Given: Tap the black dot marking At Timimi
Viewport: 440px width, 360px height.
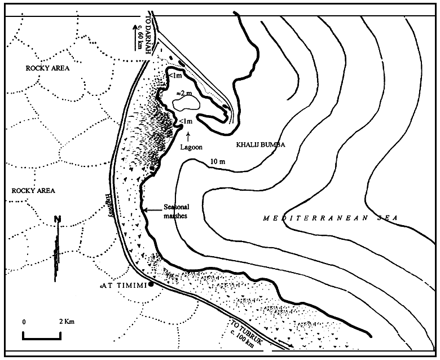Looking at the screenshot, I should [x=151, y=285].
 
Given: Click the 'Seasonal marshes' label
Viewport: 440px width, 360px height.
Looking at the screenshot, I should [x=176, y=210].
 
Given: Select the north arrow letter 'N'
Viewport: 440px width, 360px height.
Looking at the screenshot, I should [x=58, y=220].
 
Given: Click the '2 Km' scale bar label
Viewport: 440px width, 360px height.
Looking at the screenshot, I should [x=66, y=322].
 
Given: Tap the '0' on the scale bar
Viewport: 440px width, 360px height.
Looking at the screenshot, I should [x=24, y=322].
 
